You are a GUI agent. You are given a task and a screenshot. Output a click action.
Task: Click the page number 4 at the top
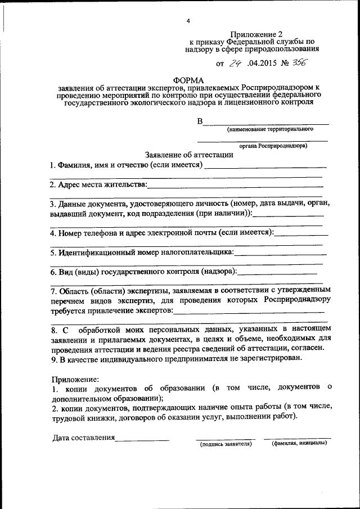point(189,21)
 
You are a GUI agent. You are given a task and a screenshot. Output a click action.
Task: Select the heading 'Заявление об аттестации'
point(188,155)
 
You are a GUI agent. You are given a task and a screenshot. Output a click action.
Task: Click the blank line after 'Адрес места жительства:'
point(235,186)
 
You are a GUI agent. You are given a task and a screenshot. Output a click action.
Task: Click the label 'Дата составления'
point(84,437)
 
